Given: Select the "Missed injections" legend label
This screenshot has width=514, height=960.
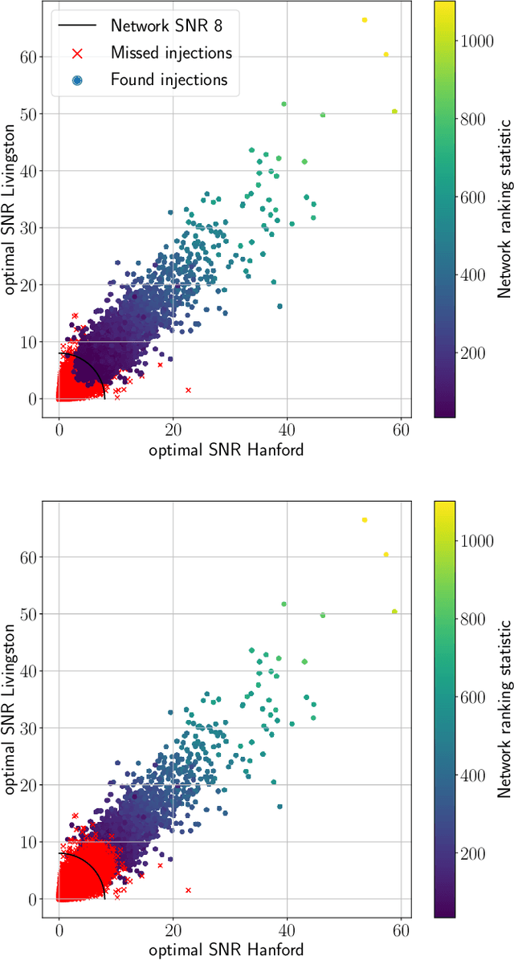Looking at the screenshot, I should [171, 52].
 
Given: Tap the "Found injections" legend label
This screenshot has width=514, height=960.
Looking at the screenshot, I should [169, 79].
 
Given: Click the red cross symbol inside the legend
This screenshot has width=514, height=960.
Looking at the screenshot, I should [78, 52].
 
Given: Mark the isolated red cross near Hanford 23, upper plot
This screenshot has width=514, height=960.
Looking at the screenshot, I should [188, 390].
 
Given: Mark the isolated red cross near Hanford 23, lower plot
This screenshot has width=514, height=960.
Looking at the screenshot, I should [188, 890].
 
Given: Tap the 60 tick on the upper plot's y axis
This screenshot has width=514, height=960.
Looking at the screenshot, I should [35, 57].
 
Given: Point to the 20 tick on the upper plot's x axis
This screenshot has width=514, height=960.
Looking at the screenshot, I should [173, 429].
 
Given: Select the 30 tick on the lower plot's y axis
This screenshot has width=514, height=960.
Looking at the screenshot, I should [35, 728].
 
